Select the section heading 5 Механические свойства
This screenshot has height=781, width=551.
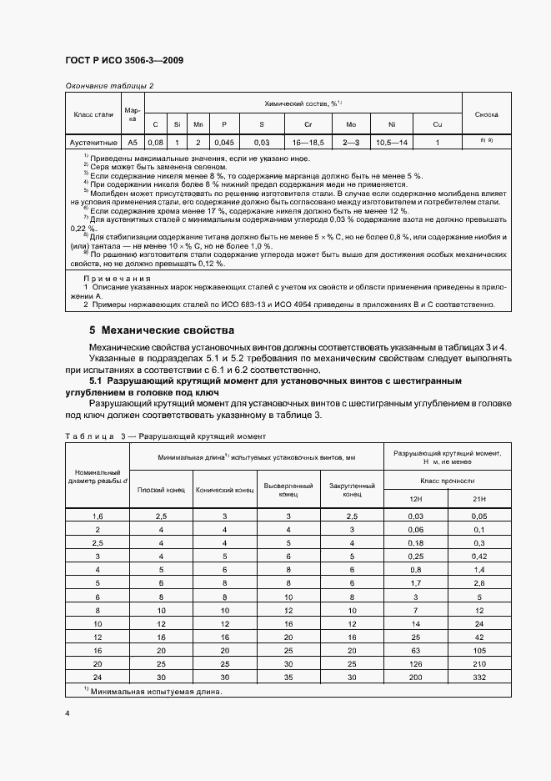[x=163, y=330]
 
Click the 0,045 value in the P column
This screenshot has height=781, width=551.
[x=223, y=143]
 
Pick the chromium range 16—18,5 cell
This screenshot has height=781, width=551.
[x=304, y=143]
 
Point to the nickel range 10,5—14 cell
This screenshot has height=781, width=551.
[x=392, y=143]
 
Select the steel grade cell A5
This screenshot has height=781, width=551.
[x=133, y=143]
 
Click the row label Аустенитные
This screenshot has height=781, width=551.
[x=93, y=143]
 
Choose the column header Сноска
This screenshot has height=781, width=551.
[x=486, y=113]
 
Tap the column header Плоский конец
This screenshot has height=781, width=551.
[x=160, y=490]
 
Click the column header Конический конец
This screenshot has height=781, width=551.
[x=224, y=490]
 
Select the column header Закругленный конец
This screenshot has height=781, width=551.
[x=351, y=490]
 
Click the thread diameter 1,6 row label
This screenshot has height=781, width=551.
[x=98, y=517]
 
